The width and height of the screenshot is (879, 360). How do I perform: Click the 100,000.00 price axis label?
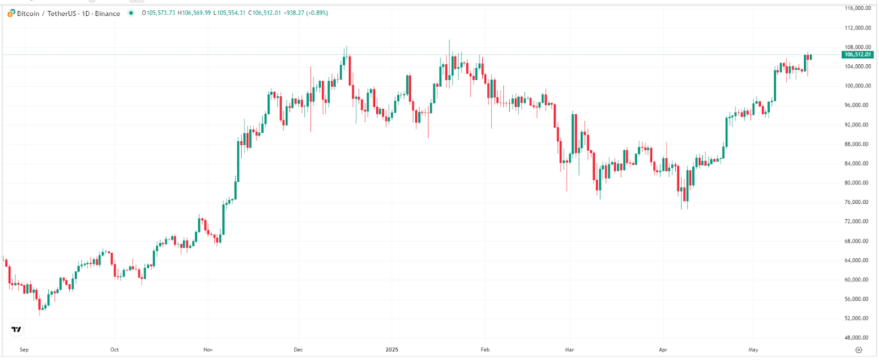pyautogui.click(x=858, y=86)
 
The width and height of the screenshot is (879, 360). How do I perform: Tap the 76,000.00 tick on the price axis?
pyautogui.click(x=856, y=202)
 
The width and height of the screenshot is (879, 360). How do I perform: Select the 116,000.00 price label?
pyautogui.click(x=858, y=8)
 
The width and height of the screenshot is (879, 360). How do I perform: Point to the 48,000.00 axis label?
pyautogui.click(x=856, y=337)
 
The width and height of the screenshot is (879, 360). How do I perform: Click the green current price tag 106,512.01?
pyautogui.click(x=858, y=54)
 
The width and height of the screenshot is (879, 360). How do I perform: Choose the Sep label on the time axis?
pyautogui.click(x=24, y=350)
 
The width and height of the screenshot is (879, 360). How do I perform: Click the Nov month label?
pyautogui.click(x=208, y=350)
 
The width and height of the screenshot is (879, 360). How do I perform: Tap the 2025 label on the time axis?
pyautogui.click(x=392, y=350)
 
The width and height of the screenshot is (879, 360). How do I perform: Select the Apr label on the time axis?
pyautogui.click(x=663, y=350)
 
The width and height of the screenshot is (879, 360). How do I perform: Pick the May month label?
pyautogui.click(x=753, y=350)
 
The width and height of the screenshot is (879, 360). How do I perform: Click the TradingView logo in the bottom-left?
pyautogui.click(x=16, y=329)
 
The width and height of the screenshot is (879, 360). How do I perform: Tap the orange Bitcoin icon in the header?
pyautogui.click(x=11, y=13)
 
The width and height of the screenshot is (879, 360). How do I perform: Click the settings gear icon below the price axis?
pyautogui.click(x=859, y=350)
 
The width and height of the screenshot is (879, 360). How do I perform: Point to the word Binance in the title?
pyautogui.click(x=108, y=13)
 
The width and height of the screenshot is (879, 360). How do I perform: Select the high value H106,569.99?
pyautogui.click(x=194, y=13)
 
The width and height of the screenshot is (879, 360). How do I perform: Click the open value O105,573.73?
pyautogui.click(x=159, y=13)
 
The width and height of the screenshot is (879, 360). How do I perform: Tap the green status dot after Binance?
pyautogui.click(x=131, y=13)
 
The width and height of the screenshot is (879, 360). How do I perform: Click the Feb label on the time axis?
pyautogui.click(x=485, y=350)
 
